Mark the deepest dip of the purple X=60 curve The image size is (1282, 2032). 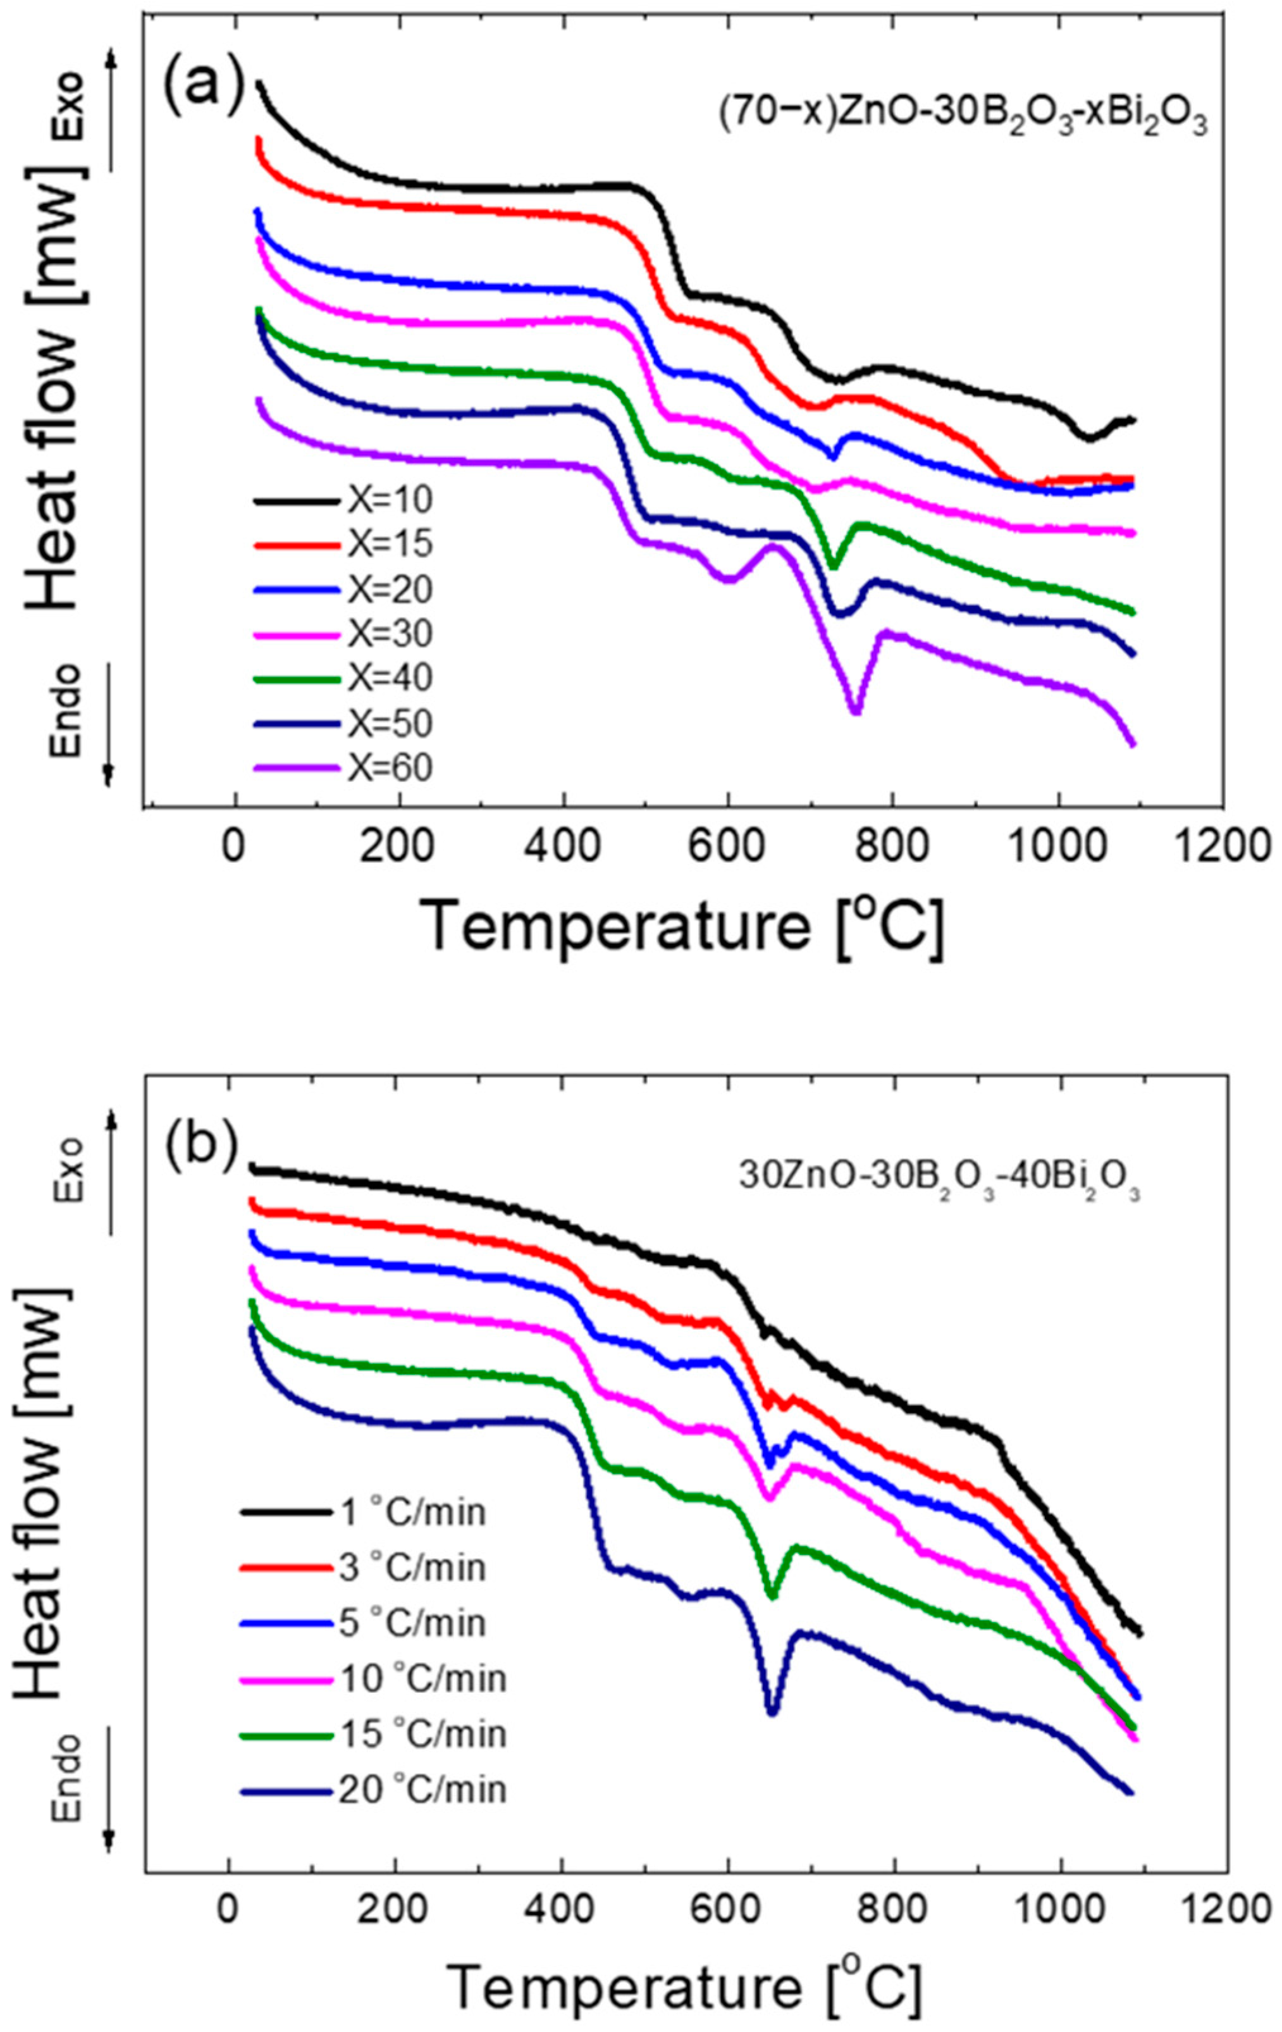pos(855,710)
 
